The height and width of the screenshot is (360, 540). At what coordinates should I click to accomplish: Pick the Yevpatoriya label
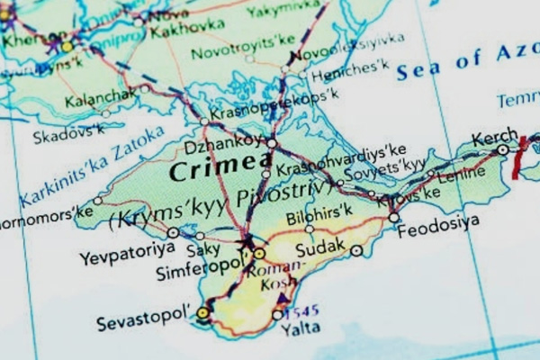[125, 257]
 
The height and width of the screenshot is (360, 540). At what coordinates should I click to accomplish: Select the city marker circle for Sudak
[357, 250]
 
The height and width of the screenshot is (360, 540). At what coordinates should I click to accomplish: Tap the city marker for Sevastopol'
[203, 313]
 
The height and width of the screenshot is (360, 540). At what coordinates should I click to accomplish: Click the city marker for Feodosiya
[394, 217]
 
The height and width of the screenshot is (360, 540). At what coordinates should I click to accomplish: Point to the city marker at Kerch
[502, 150]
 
